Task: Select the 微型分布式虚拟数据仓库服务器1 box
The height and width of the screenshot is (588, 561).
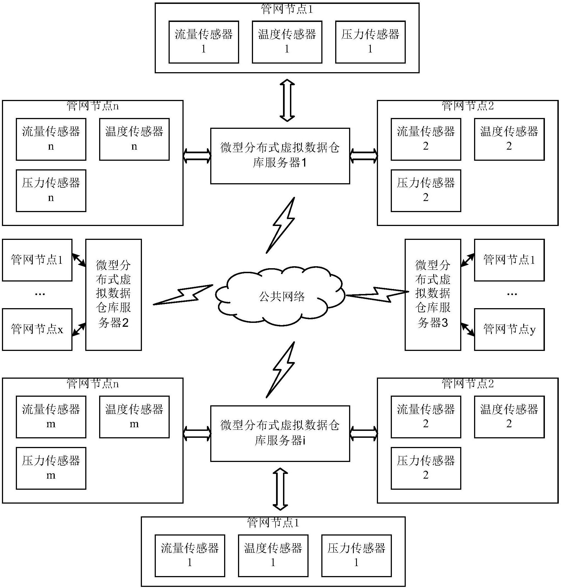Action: pos(280,156)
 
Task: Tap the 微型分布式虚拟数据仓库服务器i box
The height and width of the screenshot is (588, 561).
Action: pos(280,433)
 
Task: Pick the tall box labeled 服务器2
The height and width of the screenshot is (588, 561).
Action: pos(113,295)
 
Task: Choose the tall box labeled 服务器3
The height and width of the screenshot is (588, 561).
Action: pos(433,295)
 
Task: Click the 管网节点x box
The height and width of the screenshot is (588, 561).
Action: pos(37,329)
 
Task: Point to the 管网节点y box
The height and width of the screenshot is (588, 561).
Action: pos(509,329)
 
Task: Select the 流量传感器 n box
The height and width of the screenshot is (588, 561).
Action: pos(51,139)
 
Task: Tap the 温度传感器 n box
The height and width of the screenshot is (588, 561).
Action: pos(134,139)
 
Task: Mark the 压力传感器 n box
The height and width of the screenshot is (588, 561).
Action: pos(51,191)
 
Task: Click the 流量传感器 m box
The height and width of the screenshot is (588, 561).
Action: pos(51,417)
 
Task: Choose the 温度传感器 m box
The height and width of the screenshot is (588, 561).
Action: pos(134,417)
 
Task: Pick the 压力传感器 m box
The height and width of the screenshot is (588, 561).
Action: pos(51,468)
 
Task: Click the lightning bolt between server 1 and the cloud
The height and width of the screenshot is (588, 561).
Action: pos(281,225)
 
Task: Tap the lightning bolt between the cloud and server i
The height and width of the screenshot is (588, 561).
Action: pos(281,370)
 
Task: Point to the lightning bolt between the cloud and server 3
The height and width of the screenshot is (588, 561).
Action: pos(377,294)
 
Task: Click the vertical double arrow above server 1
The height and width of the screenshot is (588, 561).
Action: pos(287,100)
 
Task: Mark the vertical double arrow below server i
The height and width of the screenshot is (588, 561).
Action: pos(280,489)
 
